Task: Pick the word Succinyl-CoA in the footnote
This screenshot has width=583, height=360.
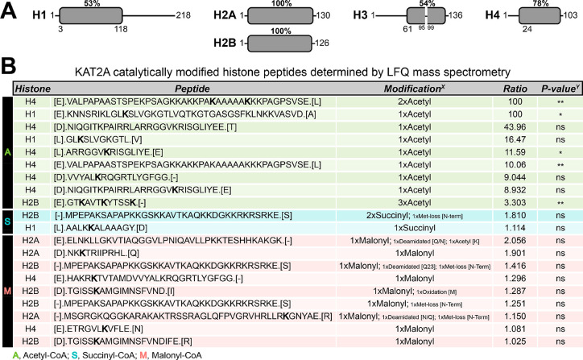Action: (x=118, y=354)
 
